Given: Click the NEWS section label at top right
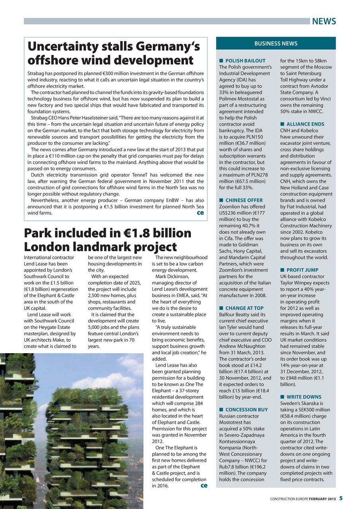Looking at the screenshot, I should [324, 21].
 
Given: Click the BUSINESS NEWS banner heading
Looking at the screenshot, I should [276, 43].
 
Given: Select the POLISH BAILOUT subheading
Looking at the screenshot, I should [245, 61].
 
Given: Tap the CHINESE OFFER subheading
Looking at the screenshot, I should [244, 200].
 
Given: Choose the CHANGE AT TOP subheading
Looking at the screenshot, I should [244, 308].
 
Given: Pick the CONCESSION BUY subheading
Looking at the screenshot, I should [246, 410].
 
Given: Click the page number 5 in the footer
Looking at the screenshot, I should [341, 498].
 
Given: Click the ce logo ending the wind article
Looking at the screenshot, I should [200, 213].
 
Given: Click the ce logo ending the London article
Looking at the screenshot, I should [204, 486].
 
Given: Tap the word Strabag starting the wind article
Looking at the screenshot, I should [37, 74].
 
